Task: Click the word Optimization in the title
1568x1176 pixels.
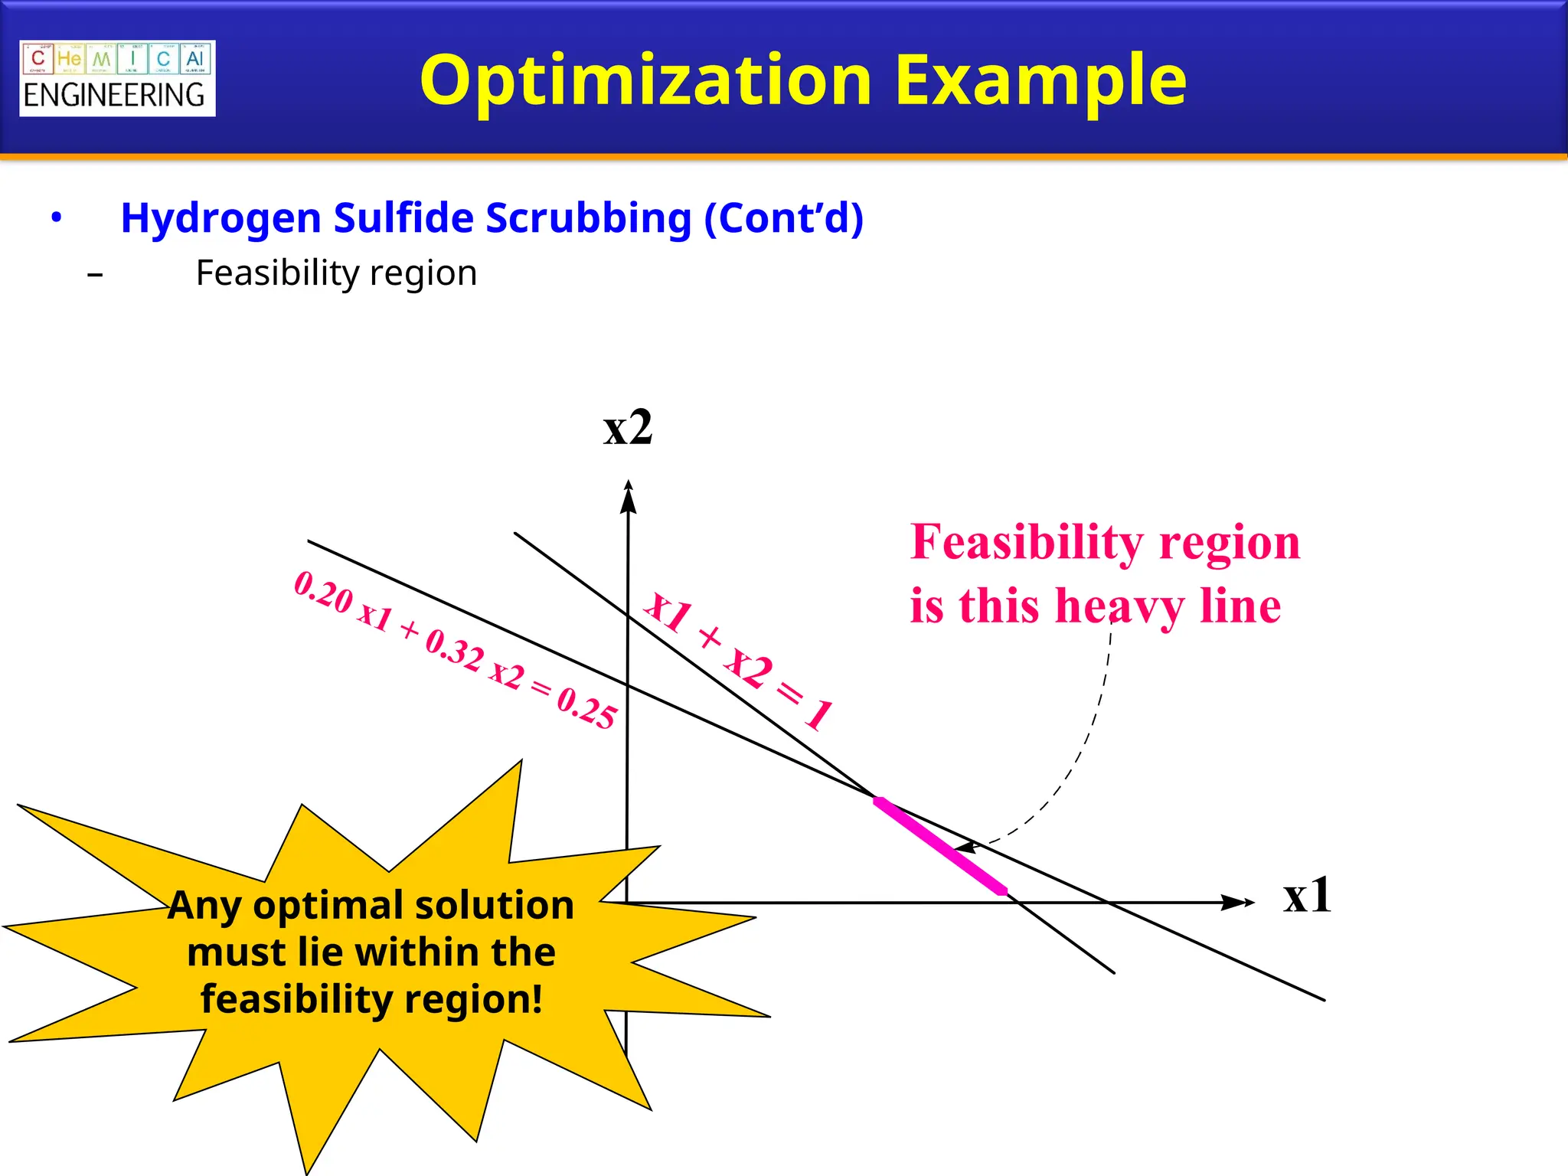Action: pos(645,81)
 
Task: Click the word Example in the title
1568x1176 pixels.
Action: pos(1040,81)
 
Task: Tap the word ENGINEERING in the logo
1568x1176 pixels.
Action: pos(115,96)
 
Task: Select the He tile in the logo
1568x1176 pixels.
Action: pos(69,59)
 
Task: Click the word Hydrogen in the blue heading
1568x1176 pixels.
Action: pos(221,218)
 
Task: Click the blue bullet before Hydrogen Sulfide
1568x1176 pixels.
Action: pos(56,218)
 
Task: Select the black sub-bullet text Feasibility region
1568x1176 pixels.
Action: pos(336,273)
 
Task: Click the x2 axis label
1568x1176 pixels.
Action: pos(628,427)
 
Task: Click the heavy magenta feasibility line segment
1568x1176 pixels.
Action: pos(940,845)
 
